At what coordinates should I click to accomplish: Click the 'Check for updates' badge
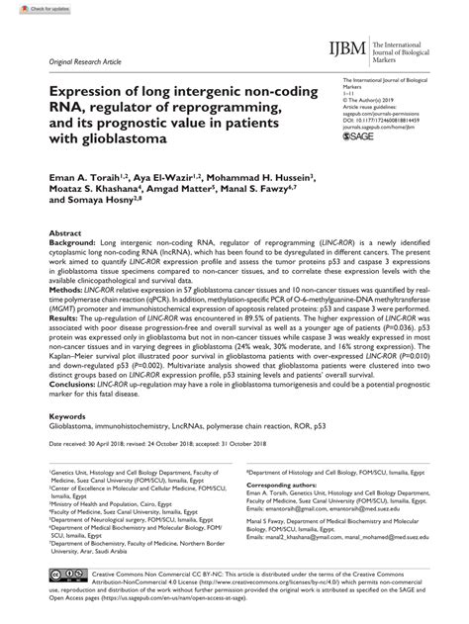pos(29,8)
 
